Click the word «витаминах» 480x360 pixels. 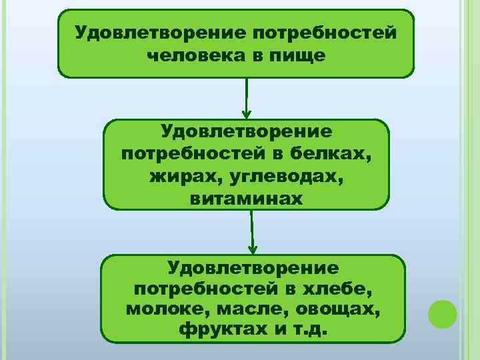[x=246, y=199]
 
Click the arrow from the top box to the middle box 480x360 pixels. [x=247, y=98]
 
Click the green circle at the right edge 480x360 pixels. [x=442, y=313]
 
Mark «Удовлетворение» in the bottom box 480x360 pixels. [x=253, y=268]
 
